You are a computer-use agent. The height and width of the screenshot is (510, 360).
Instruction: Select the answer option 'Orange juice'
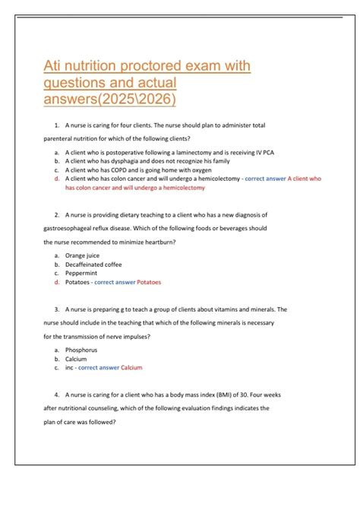coord(84,256)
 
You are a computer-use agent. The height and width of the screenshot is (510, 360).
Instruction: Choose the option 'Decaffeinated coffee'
coord(93,265)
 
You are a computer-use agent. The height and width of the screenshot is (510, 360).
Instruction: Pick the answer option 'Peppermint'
coord(81,274)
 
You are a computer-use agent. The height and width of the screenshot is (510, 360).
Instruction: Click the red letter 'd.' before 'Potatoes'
coord(57,283)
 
